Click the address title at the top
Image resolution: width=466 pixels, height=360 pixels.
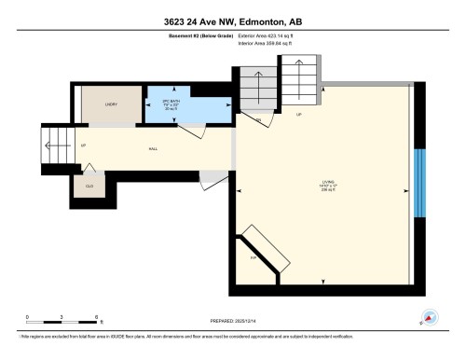pos(233,21)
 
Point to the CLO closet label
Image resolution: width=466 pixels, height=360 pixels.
pos(89,187)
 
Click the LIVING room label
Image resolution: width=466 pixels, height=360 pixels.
pos(329,183)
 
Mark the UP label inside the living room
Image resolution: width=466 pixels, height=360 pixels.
pos(299,116)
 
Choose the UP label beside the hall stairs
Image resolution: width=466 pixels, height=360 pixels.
pos(84,146)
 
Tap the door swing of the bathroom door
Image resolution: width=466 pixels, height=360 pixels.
pos(192,133)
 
